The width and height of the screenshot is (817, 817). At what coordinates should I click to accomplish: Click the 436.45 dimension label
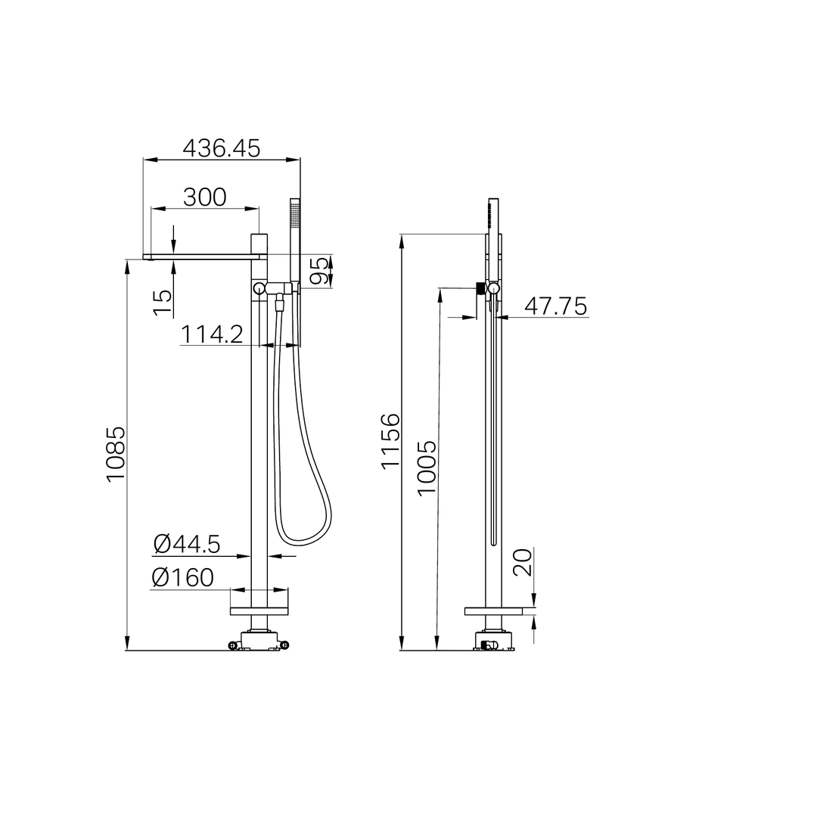click(222, 148)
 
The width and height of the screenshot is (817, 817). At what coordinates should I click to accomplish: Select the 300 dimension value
click(205, 197)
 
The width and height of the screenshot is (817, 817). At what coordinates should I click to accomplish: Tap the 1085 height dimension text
click(116, 455)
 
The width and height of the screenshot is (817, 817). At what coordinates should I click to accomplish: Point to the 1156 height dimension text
click(390, 441)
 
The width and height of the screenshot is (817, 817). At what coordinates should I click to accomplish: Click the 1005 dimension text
click(427, 468)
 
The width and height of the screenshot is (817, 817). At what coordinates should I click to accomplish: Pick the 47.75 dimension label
click(555, 306)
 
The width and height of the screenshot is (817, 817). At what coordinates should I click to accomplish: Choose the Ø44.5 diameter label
click(186, 543)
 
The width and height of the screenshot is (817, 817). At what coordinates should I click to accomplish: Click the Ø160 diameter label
click(182, 577)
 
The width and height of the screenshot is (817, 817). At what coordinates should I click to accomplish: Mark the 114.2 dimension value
click(212, 334)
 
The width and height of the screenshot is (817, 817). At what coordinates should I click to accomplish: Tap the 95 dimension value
click(321, 271)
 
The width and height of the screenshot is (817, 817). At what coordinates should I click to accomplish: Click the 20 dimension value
click(523, 562)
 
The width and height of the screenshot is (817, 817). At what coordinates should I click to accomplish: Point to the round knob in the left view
click(259, 288)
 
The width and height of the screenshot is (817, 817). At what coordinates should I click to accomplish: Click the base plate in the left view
click(259, 610)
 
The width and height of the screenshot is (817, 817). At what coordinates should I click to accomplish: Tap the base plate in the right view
click(493, 611)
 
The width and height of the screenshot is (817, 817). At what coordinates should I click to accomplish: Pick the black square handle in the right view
click(479, 287)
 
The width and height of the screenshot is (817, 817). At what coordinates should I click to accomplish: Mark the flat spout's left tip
click(148, 258)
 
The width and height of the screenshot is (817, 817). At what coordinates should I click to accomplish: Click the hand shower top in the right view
click(493, 213)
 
